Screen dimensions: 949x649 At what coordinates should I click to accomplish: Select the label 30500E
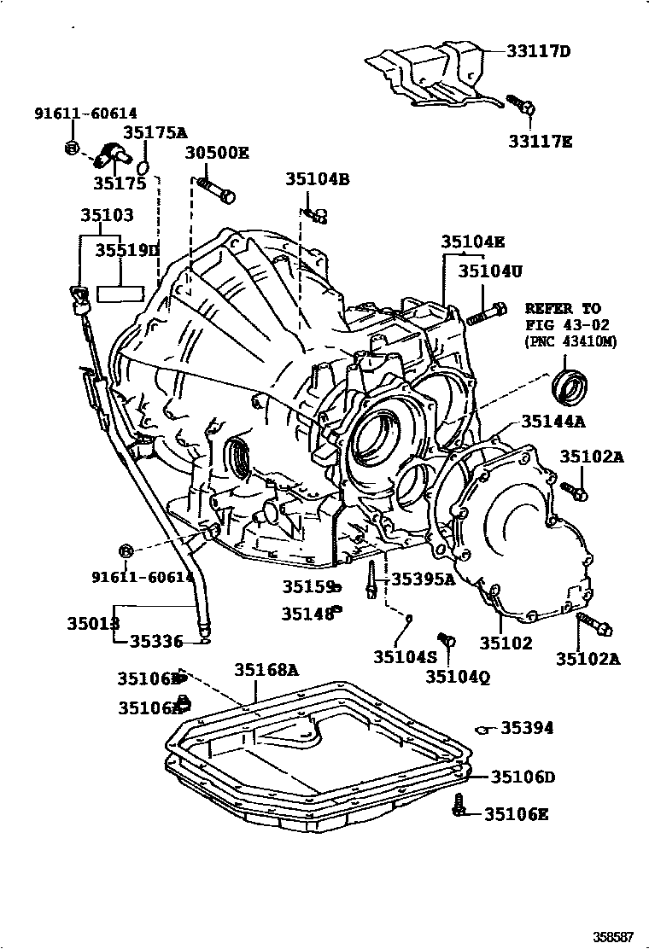[x=217, y=154]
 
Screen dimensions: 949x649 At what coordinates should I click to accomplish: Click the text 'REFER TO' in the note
[x=563, y=308]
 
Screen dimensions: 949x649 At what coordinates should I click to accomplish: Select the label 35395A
[x=423, y=579]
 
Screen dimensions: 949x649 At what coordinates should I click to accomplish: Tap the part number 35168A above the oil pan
[x=266, y=670]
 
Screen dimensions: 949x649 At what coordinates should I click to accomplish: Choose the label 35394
[x=526, y=728]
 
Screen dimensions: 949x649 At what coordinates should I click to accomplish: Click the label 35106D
[x=522, y=777]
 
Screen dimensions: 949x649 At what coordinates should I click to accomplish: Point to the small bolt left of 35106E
[x=460, y=805]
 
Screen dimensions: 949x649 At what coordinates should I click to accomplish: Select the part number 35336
[x=156, y=642]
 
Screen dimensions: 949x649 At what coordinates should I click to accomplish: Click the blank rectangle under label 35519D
[x=120, y=294]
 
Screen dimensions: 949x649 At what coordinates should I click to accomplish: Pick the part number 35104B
[x=317, y=179]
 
